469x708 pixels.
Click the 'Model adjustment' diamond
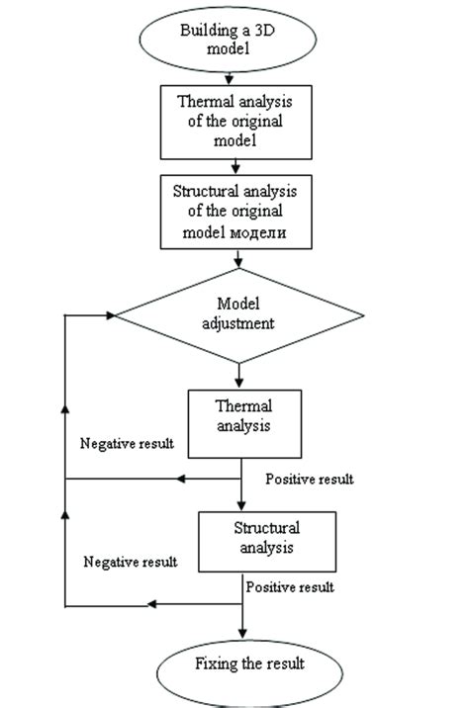[238, 315]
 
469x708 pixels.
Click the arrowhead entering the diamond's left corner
[110, 315]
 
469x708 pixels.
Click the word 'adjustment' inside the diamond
[238, 325]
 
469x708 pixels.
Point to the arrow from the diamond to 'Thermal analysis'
[238, 374]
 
